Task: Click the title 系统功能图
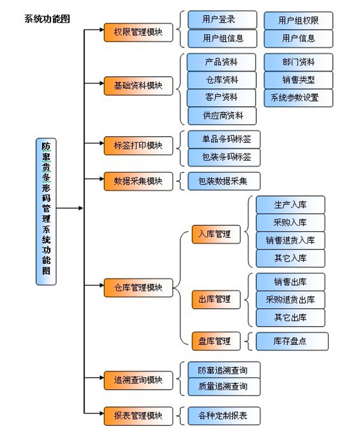[x=47, y=19]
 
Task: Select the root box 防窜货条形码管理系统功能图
[x=46, y=208]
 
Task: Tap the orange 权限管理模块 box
[x=138, y=32]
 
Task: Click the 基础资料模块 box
[x=138, y=86]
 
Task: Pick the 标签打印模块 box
[x=138, y=145]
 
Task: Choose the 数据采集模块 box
[x=138, y=181]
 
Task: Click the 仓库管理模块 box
[x=138, y=287]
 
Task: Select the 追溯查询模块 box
[x=138, y=379]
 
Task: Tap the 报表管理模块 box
[x=138, y=415]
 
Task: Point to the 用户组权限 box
[x=298, y=20]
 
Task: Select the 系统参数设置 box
[x=298, y=98]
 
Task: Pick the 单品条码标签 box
[x=223, y=140]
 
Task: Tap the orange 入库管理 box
[x=215, y=234]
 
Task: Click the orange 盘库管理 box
[x=215, y=341]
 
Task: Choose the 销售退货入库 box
[x=290, y=240]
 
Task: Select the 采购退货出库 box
[x=290, y=299]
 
